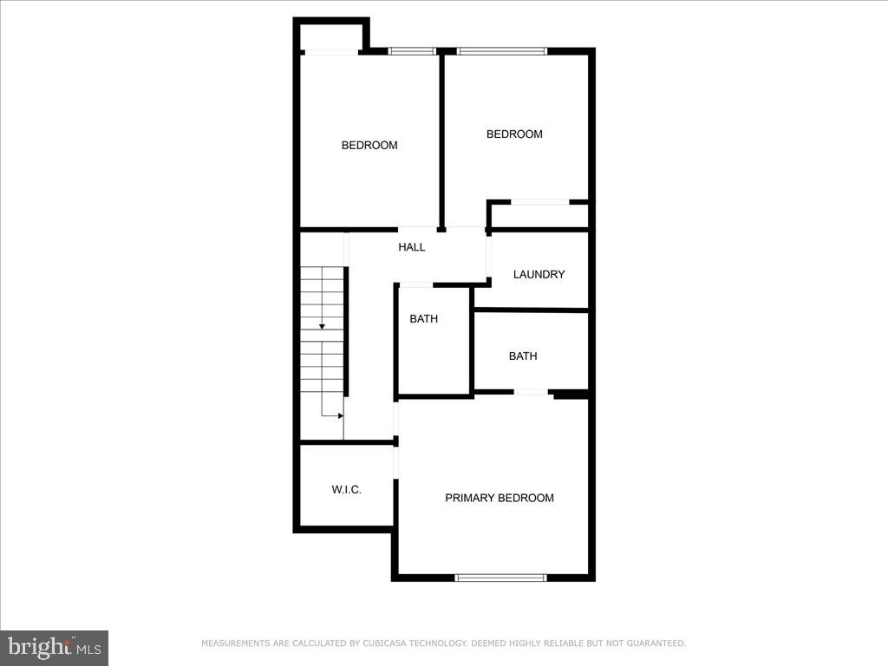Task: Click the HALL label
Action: [x=412, y=247]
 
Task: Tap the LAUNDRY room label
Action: [x=539, y=275]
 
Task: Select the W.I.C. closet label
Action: [x=346, y=490]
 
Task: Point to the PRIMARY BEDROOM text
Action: [x=499, y=498]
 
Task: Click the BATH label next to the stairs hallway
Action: [x=423, y=319]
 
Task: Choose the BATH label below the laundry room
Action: [x=523, y=356]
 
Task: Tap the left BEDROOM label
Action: [x=369, y=146]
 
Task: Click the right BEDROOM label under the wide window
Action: [x=514, y=134]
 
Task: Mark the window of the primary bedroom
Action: [x=500, y=577]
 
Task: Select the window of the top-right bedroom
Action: [x=502, y=51]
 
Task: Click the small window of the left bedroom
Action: [x=411, y=51]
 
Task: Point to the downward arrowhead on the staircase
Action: [x=322, y=326]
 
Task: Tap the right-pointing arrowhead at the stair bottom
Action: [x=340, y=415]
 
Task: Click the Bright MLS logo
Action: [x=54, y=647]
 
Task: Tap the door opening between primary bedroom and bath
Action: [x=531, y=393]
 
